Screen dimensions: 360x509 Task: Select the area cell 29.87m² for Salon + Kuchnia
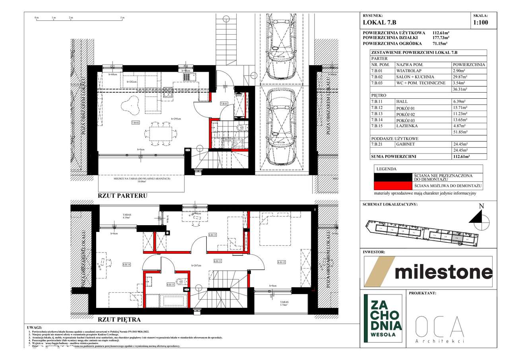461,77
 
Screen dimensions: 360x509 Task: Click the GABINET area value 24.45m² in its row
461,144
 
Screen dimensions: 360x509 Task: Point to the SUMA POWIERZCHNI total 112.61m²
461,157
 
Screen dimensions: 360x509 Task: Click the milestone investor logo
428,272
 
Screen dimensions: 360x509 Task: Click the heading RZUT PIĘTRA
119,319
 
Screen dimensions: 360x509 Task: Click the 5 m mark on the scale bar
122,18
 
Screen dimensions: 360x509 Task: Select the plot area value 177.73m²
441,38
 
